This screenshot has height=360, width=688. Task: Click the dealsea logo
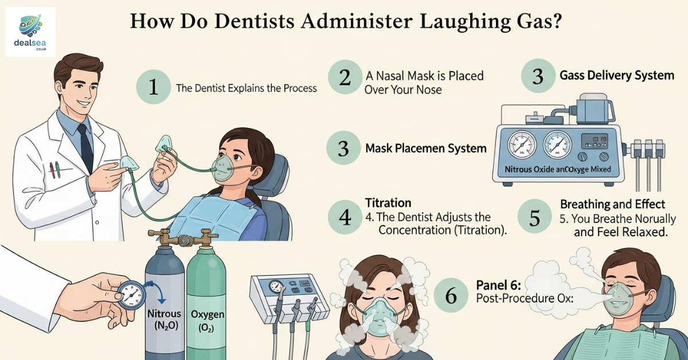30,31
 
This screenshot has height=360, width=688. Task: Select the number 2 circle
345,78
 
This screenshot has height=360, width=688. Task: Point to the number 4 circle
345,217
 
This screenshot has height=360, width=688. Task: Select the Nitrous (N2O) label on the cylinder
164,320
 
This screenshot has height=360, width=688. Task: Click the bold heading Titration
388,203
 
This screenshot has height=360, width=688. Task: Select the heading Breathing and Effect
612,204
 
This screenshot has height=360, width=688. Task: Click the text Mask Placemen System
425,148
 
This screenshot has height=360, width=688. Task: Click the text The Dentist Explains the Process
247,88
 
